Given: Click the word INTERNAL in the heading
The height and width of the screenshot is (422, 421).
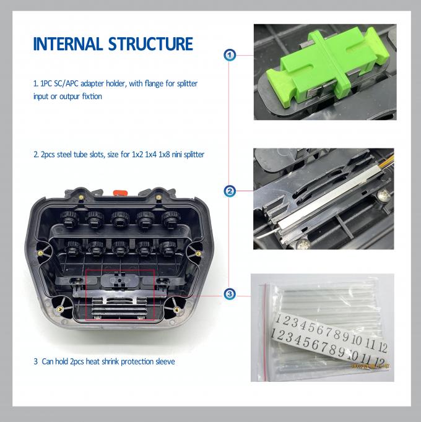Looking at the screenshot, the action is (67, 44).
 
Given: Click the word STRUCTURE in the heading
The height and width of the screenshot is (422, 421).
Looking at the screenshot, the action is (150, 44).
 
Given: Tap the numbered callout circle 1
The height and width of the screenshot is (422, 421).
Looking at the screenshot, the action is (230, 55).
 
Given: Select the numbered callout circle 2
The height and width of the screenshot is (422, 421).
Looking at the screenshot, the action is (230, 191).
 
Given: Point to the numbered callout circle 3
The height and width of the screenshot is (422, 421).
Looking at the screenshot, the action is (230, 294).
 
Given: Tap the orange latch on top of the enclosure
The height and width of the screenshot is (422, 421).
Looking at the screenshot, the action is (120, 192).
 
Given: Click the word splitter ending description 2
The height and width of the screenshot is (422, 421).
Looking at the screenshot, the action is (194, 155).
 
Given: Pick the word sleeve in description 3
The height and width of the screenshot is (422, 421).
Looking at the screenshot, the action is (165, 361).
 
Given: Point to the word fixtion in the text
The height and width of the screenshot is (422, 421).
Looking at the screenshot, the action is (92, 97).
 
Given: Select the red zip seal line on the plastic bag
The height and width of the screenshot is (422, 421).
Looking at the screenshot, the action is (266, 332).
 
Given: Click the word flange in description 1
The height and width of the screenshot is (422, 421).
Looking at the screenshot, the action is (154, 84).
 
